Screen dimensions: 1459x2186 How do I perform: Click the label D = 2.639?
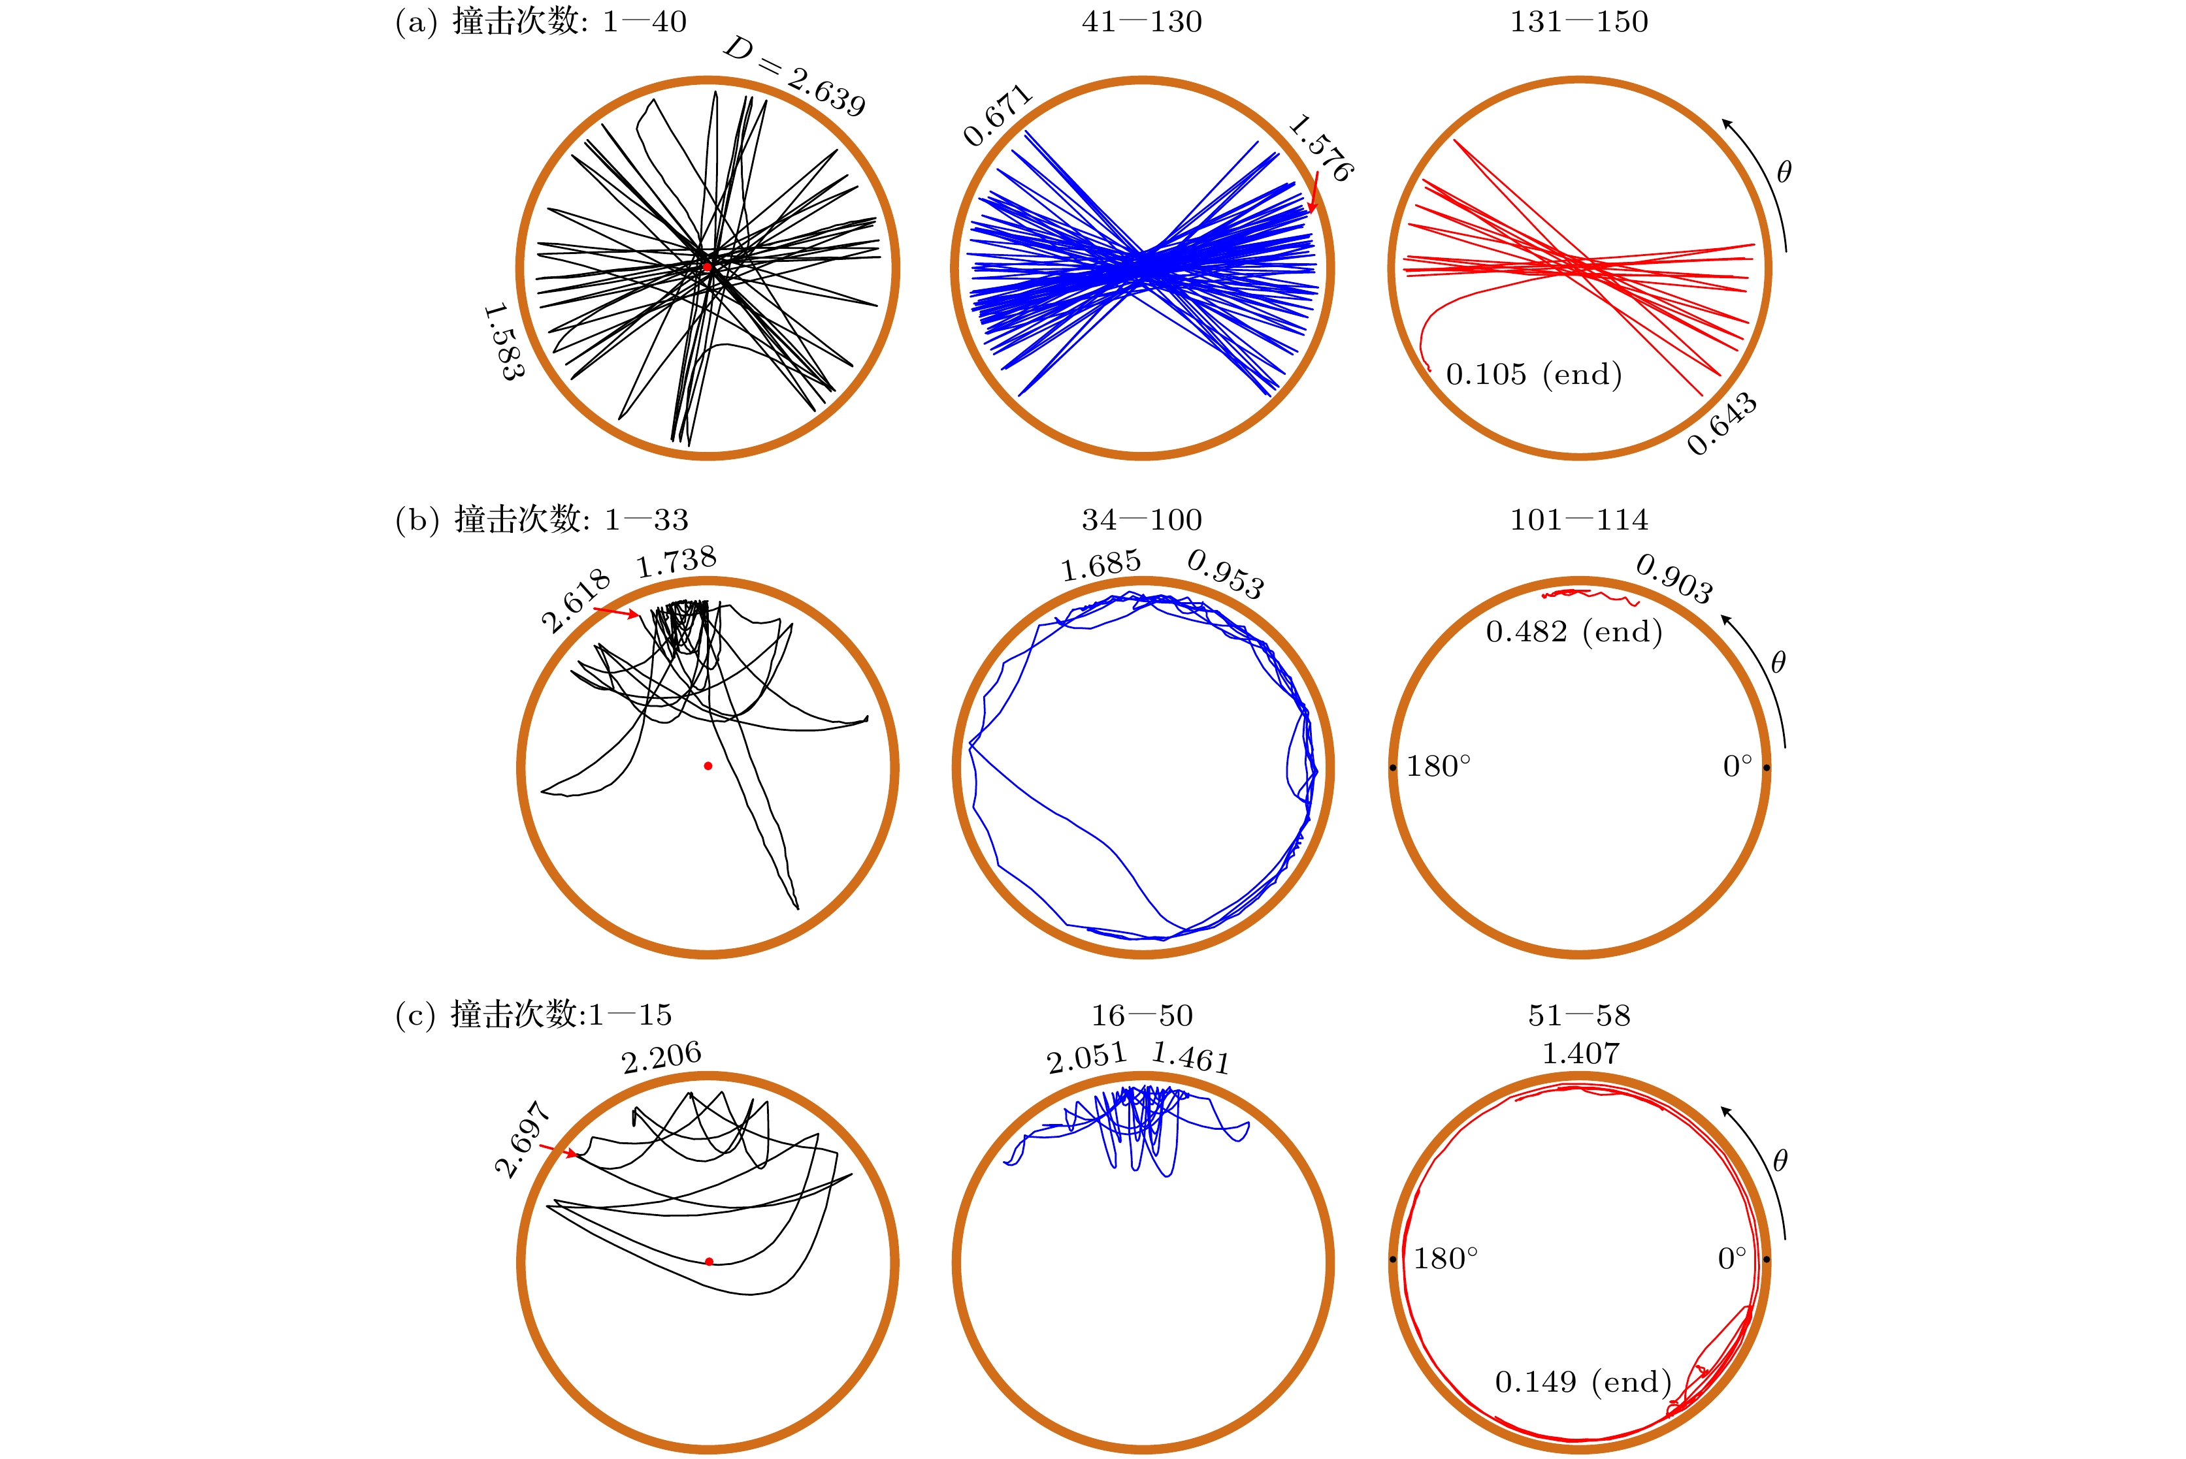tap(794, 76)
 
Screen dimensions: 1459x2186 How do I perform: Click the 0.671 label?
tap(998, 116)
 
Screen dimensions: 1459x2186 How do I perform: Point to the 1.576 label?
tap(1320, 147)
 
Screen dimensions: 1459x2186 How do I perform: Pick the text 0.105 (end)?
tap(1533, 374)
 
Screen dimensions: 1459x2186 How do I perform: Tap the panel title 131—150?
tap(1578, 22)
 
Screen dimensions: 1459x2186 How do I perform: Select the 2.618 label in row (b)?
tap(575, 600)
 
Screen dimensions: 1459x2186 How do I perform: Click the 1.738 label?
tap(677, 561)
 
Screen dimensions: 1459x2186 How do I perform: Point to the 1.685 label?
tap(1101, 565)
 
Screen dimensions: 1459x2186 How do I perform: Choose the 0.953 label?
tap(1226, 574)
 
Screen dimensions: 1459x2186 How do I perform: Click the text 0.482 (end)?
tap(1574, 632)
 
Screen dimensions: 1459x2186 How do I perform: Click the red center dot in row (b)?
tap(708, 766)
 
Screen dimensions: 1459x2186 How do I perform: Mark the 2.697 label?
tap(522, 1139)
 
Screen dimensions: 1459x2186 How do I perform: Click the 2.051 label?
tap(1086, 1058)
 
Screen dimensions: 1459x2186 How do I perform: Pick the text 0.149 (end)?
tap(1583, 1382)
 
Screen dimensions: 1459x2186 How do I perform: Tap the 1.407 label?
tap(1580, 1053)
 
